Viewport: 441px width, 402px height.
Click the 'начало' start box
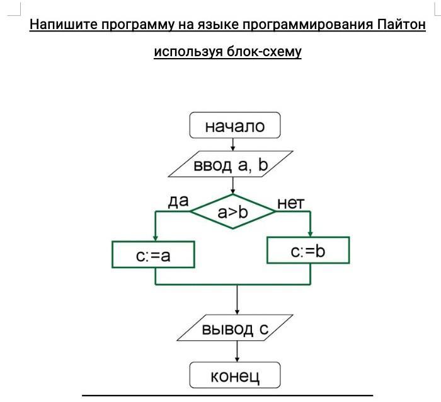[234, 126]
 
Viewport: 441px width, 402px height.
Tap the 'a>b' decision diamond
[233, 212]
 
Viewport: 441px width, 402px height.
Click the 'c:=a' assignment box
[153, 255]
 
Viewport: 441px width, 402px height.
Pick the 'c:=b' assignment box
[308, 251]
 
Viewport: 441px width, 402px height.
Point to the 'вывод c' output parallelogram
[236, 329]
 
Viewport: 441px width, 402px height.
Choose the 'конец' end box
[234, 376]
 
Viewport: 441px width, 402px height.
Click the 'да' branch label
[178, 201]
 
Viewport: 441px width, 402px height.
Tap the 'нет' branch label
[290, 203]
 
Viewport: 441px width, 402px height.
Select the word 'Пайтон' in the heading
[402, 25]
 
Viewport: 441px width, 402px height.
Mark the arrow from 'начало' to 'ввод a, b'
[234, 144]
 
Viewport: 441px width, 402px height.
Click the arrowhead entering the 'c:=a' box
[155, 238]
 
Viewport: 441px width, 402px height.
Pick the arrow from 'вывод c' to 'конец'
[237, 352]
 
